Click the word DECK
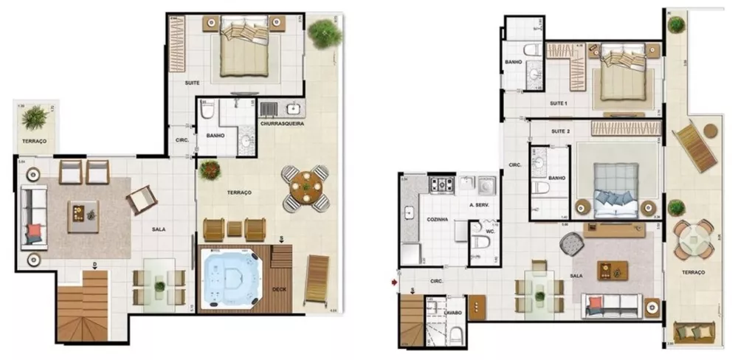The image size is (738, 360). (x=279, y=289)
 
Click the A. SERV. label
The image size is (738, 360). (x=479, y=204)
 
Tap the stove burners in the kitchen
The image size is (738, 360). (x=442, y=184)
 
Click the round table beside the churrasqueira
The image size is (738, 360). (x=305, y=187)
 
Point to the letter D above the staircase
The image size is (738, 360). (x=94, y=264)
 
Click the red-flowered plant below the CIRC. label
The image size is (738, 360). (x=210, y=170)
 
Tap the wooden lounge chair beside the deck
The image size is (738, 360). (x=317, y=277)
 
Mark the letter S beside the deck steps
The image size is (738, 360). (x=281, y=238)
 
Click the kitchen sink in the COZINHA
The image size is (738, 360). (x=410, y=213)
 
